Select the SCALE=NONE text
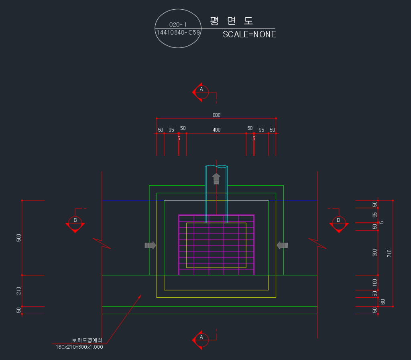[x=249, y=35]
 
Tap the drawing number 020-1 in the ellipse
[x=178, y=25]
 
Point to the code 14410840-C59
[x=178, y=32]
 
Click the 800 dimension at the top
[x=216, y=115]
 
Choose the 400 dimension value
[x=216, y=130]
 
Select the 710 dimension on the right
[x=389, y=253]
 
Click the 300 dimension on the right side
[x=375, y=252]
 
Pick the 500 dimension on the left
[x=18, y=237]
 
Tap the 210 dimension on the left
[x=18, y=290]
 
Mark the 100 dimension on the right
[x=375, y=282]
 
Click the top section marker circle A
[x=202, y=92]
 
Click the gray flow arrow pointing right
[x=150, y=245]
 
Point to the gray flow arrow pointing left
[x=283, y=245]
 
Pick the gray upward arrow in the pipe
[x=216, y=179]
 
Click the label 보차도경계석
[x=87, y=340]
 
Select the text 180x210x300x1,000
[x=79, y=347]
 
